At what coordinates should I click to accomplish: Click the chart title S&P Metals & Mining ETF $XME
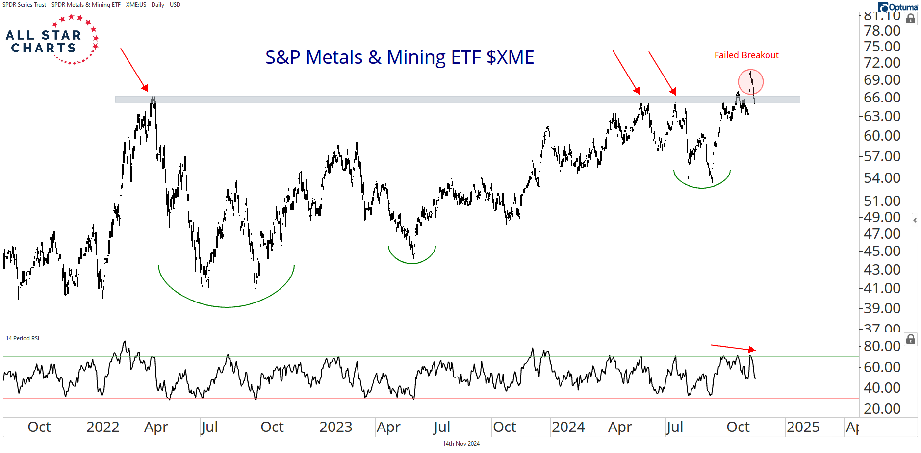click(399, 57)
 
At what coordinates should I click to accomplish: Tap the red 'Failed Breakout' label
click(746, 55)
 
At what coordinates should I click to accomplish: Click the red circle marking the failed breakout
click(750, 82)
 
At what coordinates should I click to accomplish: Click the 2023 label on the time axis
click(335, 427)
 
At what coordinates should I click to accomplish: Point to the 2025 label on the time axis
click(803, 427)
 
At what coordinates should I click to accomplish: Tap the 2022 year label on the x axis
click(102, 427)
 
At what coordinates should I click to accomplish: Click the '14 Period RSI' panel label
click(23, 338)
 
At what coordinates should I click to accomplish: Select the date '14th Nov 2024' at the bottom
click(461, 444)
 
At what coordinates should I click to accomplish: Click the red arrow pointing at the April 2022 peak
click(134, 70)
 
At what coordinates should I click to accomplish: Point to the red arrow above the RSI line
click(733, 348)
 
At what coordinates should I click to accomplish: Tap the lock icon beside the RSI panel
click(911, 339)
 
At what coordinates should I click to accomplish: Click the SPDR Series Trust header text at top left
click(91, 5)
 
